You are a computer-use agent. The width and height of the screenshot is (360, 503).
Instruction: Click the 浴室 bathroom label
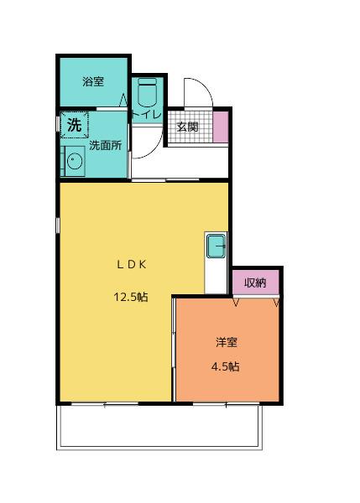point(92,81)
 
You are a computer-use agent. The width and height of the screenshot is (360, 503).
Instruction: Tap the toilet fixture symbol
point(148,91)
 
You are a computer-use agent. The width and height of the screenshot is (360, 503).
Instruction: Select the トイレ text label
point(149,114)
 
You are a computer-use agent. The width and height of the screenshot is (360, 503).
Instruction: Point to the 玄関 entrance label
point(187,127)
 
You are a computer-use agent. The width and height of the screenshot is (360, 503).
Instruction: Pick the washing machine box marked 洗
point(74,127)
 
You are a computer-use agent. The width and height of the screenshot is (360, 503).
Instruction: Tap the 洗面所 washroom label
point(105,145)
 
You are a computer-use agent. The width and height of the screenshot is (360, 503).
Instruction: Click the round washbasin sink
point(73,162)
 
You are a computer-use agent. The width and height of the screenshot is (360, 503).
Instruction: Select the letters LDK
point(132,263)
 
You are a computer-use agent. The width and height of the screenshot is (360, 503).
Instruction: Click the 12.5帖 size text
point(131,296)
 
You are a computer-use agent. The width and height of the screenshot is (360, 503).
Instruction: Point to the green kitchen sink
point(216,247)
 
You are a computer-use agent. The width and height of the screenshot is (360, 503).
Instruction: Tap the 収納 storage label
point(255,283)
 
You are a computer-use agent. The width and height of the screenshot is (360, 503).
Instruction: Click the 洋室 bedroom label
point(226,342)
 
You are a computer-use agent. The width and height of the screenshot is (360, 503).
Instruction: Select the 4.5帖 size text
point(225,366)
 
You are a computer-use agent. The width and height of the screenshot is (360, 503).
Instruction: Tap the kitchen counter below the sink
point(216,277)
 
